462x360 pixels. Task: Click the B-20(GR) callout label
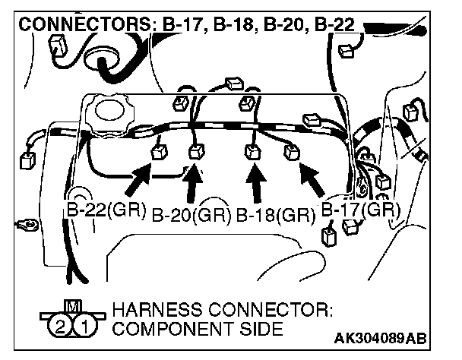[x=191, y=216]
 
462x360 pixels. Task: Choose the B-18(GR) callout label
[x=274, y=216]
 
